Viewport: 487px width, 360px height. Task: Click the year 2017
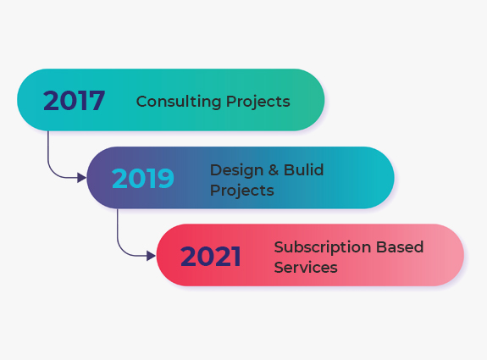coord(74,100)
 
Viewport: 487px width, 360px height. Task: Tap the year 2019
coord(143,178)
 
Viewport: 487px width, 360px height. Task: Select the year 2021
coord(211,256)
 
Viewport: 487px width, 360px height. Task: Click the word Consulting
coord(179,102)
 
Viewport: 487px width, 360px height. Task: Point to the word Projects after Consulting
coord(258,102)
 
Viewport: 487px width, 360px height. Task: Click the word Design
coord(236,170)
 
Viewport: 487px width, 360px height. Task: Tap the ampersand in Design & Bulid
coord(274,170)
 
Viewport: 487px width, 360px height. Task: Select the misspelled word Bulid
coord(304,170)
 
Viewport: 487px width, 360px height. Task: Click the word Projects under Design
coord(242,191)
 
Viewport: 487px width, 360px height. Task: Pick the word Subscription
coord(323,247)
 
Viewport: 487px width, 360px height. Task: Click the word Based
coord(400,247)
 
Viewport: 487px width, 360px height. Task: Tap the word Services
coord(306,268)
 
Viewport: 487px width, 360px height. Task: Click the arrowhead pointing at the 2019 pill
coord(81,178)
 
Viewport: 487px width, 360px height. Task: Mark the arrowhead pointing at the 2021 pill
coord(151,256)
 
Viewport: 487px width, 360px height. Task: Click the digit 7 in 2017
coord(96,100)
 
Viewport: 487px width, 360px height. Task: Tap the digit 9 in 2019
coord(165,178)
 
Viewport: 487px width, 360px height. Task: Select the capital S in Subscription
coord(279,247)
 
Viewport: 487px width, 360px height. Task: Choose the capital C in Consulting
coord(142,102)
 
